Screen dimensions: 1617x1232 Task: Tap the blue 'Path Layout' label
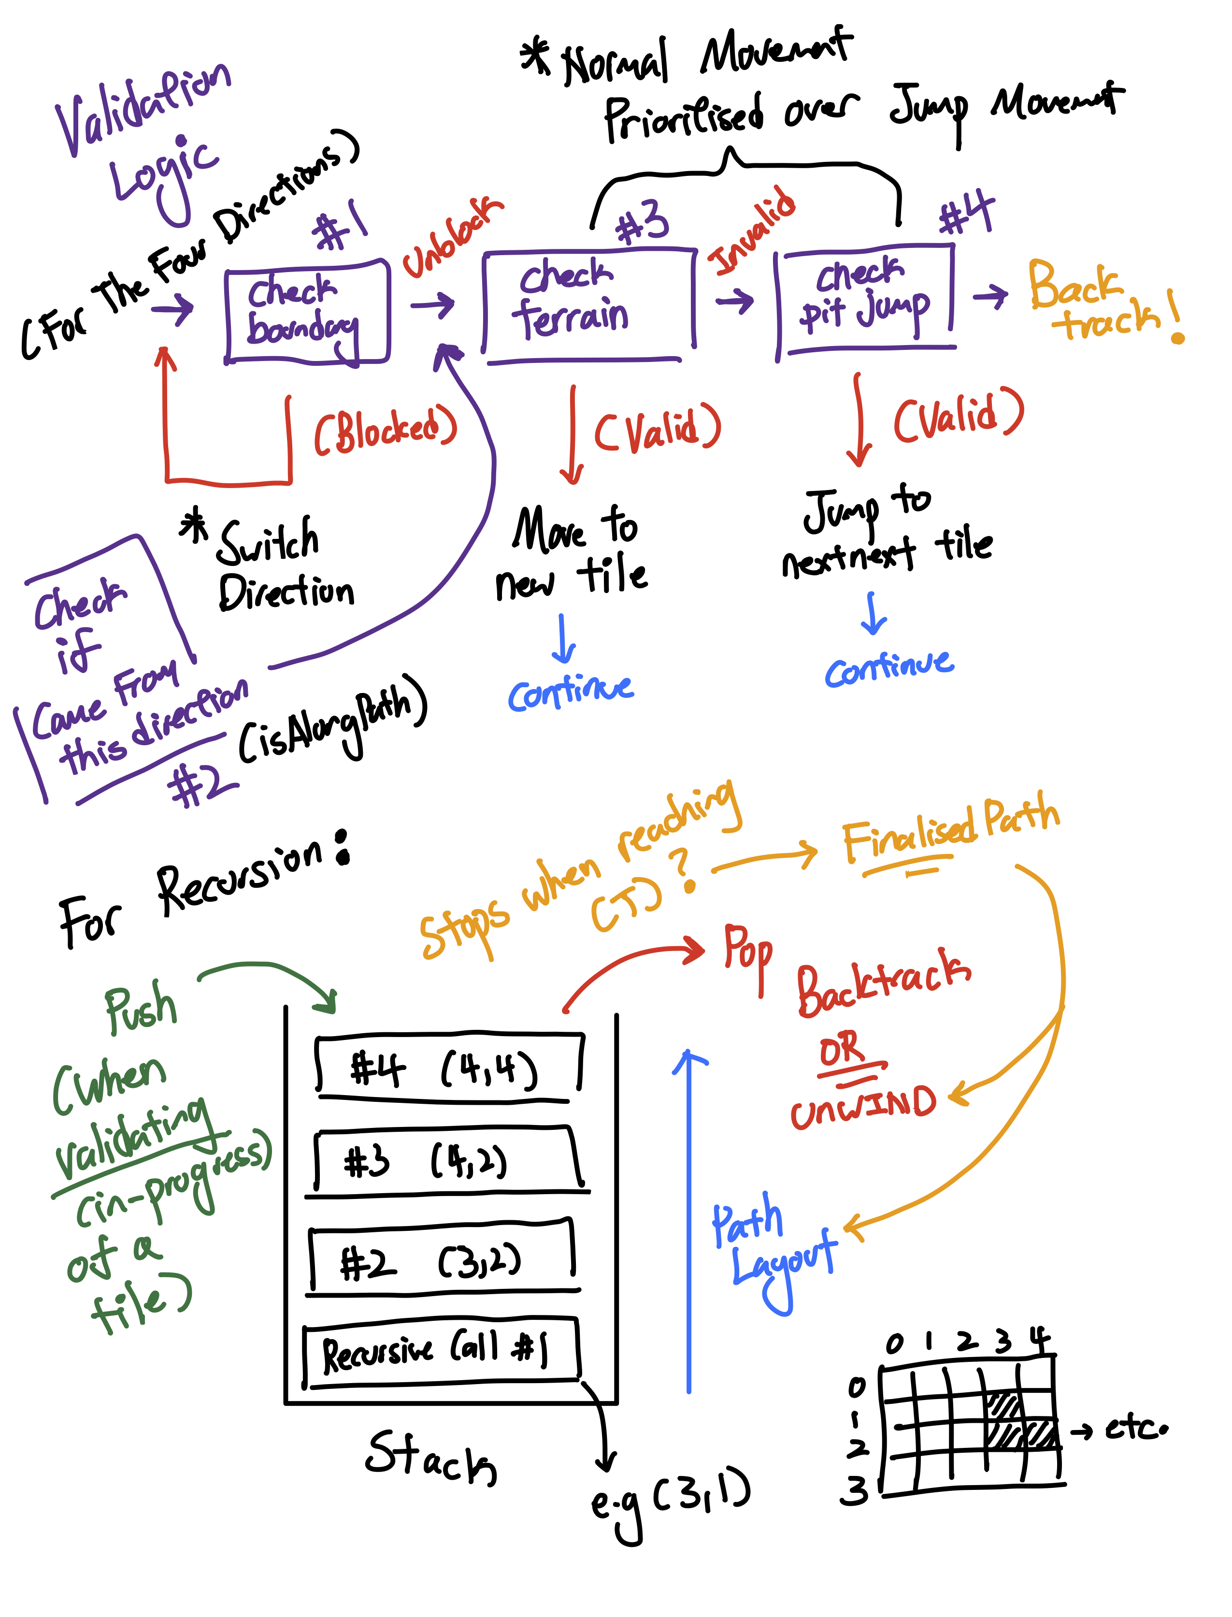[x=770, y=1247]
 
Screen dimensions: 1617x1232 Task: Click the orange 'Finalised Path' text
[x=950, y=832]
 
